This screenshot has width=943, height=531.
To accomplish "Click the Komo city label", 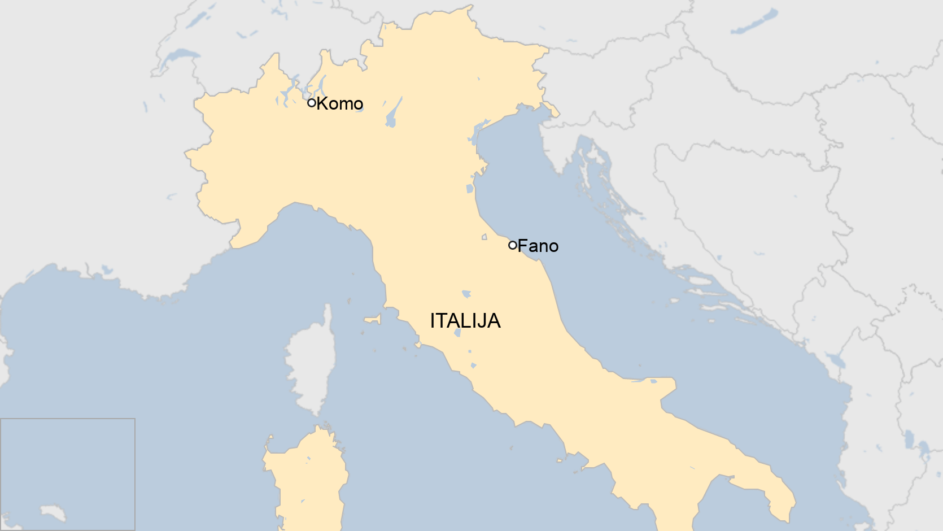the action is pyautogui.click(x=339, y=103).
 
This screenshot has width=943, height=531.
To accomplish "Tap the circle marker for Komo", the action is pyautogui.click(x=311, y=103).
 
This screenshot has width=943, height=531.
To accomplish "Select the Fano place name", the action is pyautogui.click(x=538, y=246).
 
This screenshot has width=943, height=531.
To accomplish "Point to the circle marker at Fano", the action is pyautogui.click(x=512, y=245).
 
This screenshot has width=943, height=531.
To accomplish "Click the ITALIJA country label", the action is pyautogui.click(x=465, y=321).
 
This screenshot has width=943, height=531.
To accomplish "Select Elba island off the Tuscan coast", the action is pyautogui.click(x=373, y=320).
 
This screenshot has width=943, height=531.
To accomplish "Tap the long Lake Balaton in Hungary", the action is pyautogui.click(x=754, y=23).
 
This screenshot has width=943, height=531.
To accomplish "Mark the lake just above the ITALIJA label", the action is pyautogui.click(x=466, y=294).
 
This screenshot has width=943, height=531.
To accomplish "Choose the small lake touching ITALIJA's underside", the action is pyautogui.click(x=457, y=333).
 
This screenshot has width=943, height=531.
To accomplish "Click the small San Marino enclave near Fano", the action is pyautogui.click(x=484, y=237).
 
